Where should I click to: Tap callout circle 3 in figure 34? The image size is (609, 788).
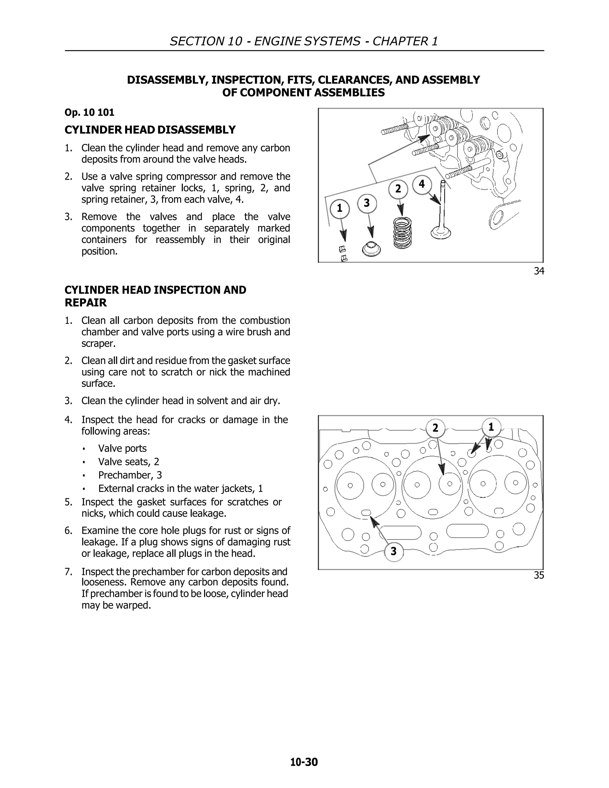367,203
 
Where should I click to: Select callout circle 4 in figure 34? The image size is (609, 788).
422,185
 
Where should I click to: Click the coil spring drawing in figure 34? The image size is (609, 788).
402,233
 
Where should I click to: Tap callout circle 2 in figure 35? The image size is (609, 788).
435,428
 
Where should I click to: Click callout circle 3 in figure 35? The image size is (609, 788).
394,551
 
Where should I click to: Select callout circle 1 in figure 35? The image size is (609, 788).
491,428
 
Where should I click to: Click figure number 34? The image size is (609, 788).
539,271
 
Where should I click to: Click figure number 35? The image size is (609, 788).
539,575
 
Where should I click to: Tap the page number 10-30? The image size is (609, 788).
304,762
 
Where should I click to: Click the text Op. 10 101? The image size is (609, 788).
90,113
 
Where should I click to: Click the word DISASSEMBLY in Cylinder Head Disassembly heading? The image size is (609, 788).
197,130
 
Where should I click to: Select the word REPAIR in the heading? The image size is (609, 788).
86,303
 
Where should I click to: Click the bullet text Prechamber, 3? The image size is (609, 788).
130,475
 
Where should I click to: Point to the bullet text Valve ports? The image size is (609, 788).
122,448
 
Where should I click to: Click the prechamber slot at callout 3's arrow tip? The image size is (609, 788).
366,513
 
